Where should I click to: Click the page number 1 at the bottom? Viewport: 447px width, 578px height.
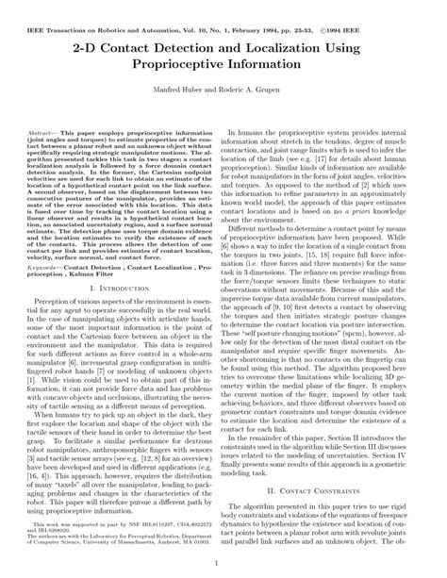tap(223, 564)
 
